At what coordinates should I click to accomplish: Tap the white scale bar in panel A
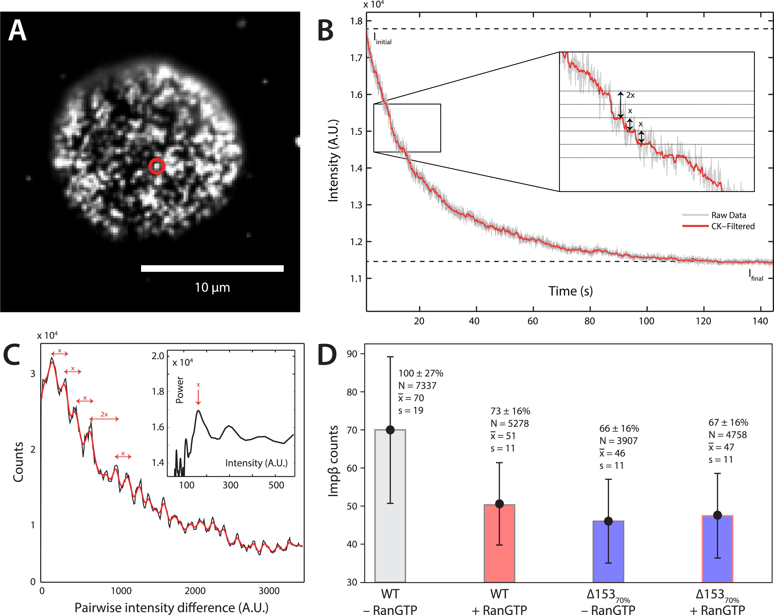212,268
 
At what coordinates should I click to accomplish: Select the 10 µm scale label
212,287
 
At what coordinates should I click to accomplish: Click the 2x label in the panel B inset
630,95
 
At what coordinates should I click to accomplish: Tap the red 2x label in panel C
104,414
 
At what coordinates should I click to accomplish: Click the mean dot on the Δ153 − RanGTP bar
608,521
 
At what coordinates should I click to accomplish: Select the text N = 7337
417,386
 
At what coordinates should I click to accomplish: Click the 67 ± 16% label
728,422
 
